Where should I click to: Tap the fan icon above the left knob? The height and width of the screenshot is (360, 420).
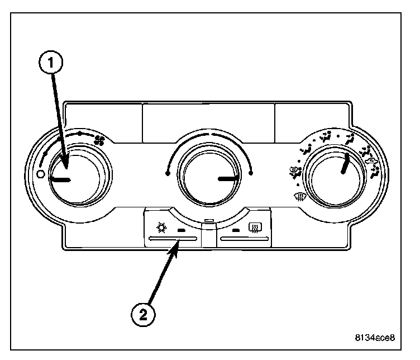pos(99,140)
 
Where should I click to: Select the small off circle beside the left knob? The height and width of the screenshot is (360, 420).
pos(40,174)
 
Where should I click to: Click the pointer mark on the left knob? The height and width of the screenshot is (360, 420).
pos(60,180)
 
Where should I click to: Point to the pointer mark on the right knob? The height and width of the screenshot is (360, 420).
pos(347,165)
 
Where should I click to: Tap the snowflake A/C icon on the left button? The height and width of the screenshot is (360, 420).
pos(161,228)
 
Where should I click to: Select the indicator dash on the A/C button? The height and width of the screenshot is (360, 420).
pos(181,230)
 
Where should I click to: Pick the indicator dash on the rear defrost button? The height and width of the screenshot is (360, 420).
pos(237,230)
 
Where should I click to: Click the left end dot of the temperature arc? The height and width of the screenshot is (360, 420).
pos(168,174)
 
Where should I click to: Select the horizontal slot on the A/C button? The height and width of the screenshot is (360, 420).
pos(173,239)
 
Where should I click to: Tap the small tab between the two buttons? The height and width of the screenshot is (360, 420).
pos(209,221)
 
